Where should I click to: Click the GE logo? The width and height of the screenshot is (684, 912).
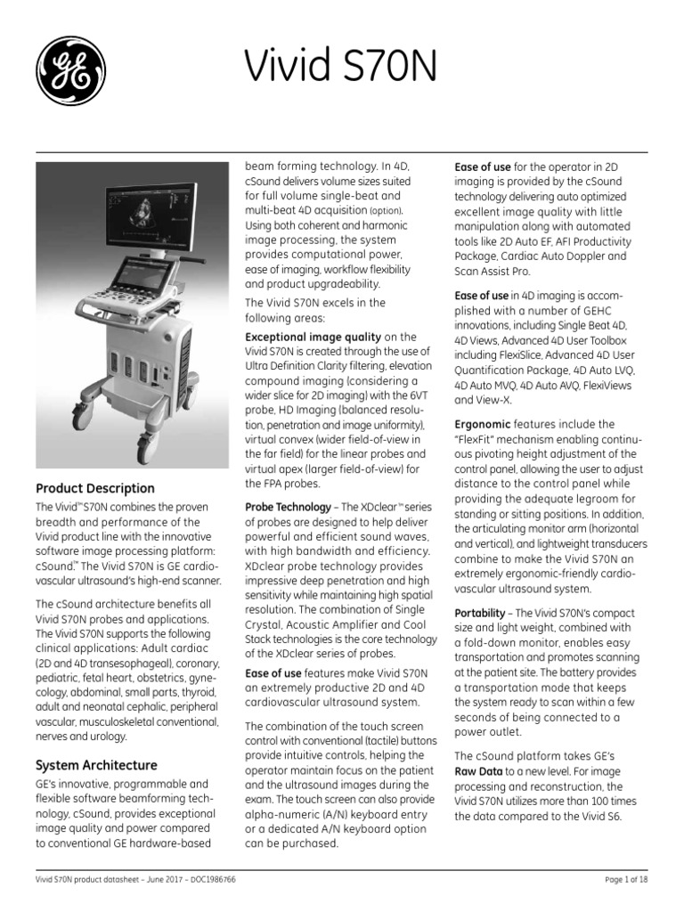click(70, 70)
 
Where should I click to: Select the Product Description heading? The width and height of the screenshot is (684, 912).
click(94, 488)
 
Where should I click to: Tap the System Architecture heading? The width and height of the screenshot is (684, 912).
click(96, 765)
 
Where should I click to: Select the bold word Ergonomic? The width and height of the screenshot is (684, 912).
click(482, 425)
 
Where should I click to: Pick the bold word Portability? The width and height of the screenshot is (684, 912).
click(481, 614)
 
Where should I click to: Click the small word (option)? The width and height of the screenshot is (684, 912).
click(386, 210)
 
